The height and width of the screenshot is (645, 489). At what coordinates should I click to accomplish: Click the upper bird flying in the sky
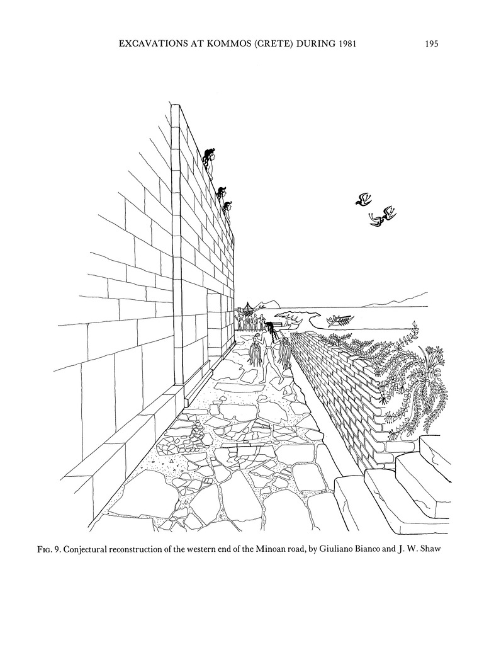point(363,200)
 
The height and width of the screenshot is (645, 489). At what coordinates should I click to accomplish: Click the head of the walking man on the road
point(271,327)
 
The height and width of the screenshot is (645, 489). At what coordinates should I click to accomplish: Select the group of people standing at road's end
point(250,322)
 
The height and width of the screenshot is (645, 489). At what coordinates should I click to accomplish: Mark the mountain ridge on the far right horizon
point(409,298)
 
